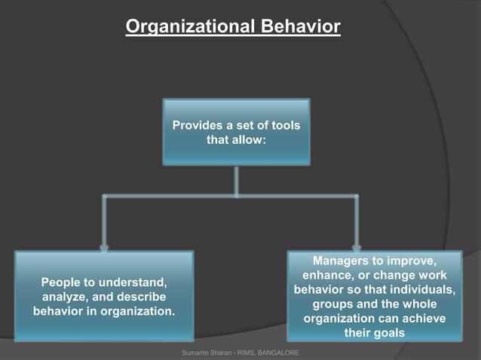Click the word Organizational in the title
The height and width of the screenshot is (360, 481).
tap(191, 27)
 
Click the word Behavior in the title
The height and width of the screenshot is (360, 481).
tap(300, 27)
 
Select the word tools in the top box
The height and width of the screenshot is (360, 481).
tap(285, 125)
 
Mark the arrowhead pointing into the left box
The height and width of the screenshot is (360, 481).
tap(104, 246)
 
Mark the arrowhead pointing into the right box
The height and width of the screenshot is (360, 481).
tap(356, 246)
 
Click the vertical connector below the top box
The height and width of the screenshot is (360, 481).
tap(237, 181)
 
